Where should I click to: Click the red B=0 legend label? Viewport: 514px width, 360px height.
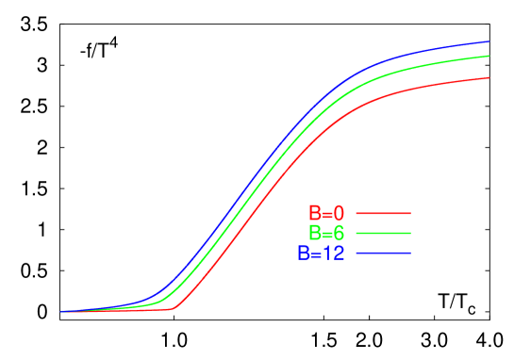(326, 214)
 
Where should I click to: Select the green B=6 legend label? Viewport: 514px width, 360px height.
(326, 233)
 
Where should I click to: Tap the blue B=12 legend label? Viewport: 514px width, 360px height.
(321, 254)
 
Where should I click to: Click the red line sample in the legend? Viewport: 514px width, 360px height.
(383, 214)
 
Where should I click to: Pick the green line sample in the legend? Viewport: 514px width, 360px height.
(383, 233)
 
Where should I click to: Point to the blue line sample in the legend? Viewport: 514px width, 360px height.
(383, 254)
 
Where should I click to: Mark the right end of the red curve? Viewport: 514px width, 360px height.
(489, 77)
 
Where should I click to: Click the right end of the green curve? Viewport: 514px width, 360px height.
(489, 56)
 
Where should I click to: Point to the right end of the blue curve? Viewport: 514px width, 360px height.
(489, 41)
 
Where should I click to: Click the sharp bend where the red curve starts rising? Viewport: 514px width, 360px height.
(173, 308)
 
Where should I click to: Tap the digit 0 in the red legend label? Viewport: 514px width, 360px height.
(339, 214)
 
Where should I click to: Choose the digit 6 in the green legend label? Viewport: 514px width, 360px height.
(339, 233)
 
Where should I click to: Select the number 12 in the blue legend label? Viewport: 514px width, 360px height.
(333, 254)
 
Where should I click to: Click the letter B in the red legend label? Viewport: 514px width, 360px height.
(314, 214)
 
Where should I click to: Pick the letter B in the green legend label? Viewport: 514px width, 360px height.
(314, 233)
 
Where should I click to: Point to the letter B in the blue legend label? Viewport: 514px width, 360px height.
(304, 254)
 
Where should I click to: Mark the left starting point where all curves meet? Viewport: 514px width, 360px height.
(61, 311)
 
